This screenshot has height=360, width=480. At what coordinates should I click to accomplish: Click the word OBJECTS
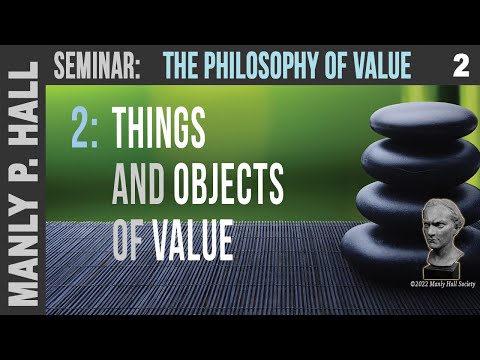(229, 186)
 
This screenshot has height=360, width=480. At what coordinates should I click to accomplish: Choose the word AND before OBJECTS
(138, 186)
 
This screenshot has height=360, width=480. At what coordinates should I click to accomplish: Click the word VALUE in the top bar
(377, 68)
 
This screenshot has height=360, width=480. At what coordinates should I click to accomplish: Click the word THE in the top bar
(180, 68)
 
